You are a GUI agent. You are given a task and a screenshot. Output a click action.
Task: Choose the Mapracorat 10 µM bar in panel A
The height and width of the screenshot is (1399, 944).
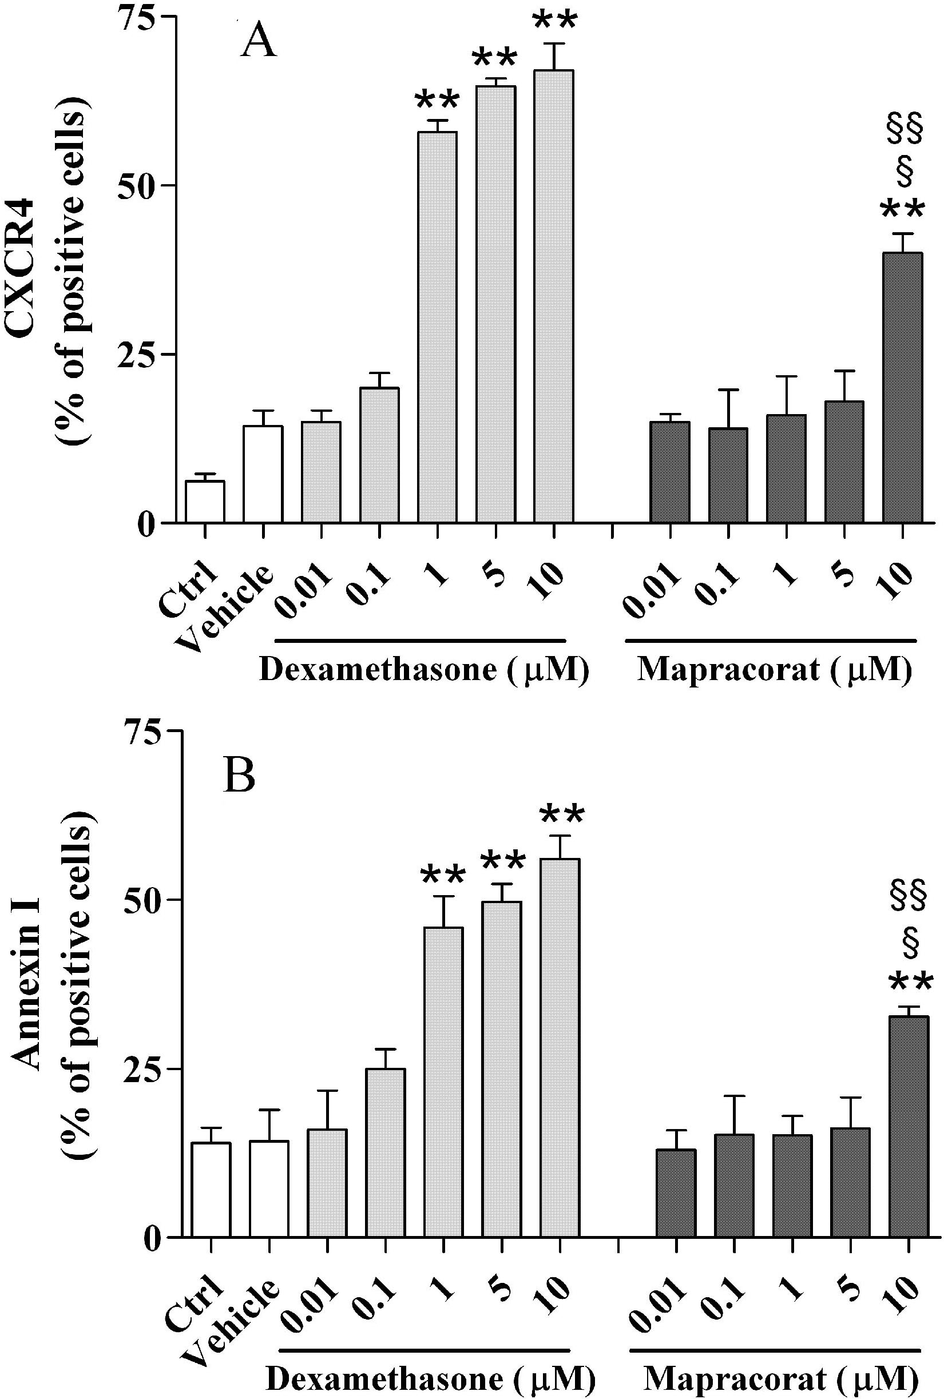902,388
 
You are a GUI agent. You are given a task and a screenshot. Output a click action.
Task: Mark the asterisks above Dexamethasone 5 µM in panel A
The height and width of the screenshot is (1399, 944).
494,59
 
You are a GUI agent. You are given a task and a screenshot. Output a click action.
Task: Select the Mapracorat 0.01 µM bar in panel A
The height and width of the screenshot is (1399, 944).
669,472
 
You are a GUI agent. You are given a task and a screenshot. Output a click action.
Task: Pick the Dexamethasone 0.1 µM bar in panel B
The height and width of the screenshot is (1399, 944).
385,1152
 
